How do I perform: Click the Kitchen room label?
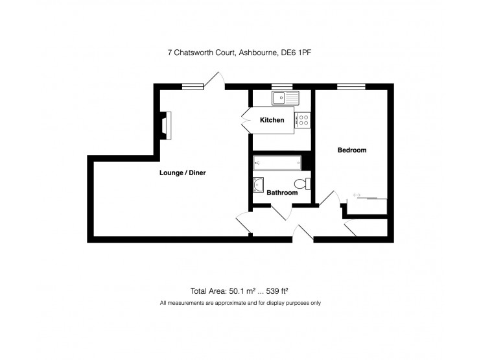272,120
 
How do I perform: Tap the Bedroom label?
352,150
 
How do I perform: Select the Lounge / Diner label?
183,173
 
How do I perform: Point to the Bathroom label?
282,193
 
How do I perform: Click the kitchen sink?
285,98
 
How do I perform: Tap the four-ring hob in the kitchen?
303,120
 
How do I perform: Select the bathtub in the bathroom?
277,163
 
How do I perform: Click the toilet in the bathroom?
303,184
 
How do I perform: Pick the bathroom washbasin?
258,185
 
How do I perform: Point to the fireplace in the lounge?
166,126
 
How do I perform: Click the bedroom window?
351,86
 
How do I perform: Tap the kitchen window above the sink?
282,86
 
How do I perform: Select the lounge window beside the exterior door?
193,86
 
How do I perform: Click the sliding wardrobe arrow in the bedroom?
357,195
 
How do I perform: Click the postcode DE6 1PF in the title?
296,53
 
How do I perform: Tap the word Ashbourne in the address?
259,53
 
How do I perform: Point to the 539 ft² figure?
277,291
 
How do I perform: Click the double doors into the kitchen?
247,120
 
